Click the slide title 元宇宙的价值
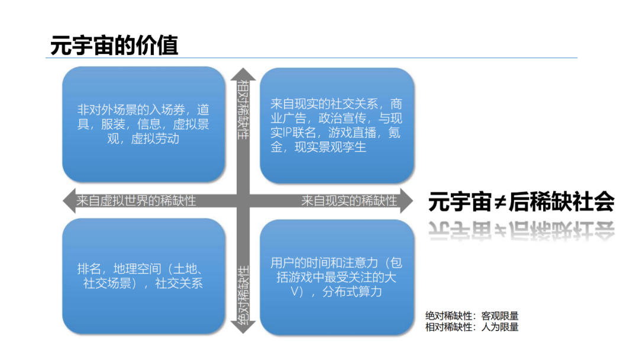114,46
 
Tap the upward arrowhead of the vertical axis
243,73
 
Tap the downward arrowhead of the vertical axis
243,327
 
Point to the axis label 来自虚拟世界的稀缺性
136,201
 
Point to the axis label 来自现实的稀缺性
349,201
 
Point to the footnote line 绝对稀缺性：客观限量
472,316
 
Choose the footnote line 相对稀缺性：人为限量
472,327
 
